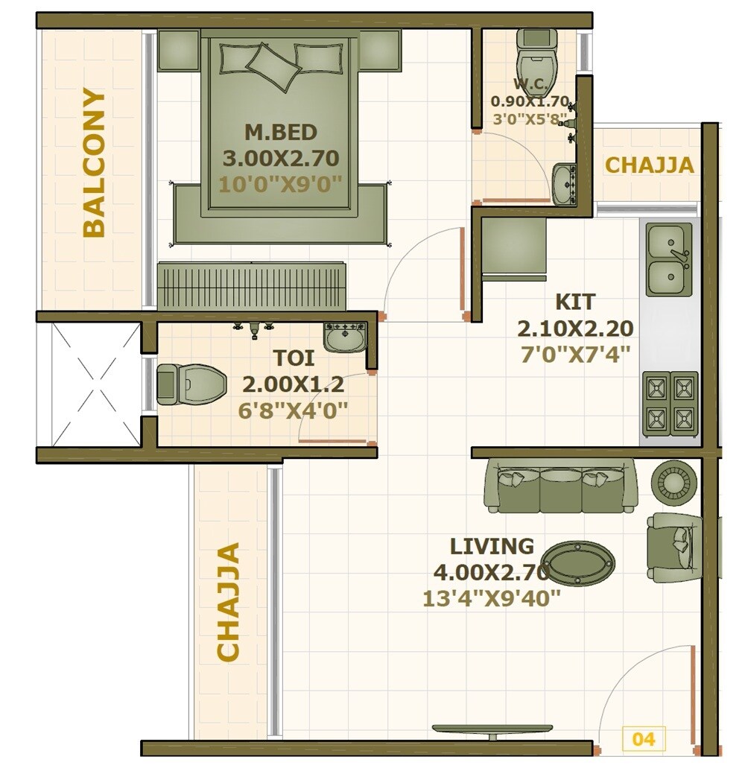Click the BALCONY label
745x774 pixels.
pyautogui.click(x=95, y=162)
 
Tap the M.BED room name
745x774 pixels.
pyautogui.click(x=281, y=133)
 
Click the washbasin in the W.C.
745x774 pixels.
pyautogui.click(x=565, y=183)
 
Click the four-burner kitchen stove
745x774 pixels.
pyautogui.click(x=670, y=403)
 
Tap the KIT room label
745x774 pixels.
pyautogui.click(x=575, y=302)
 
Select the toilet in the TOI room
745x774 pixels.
pyautogui.click(x=191, y=384)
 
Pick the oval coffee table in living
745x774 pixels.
pyautogui.click(x=578, y=562)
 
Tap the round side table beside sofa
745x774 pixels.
pyautogui.click(x=675, y=480)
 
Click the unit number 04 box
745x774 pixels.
pyautogui.click(x=643, y=739)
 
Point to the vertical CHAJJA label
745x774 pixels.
pyautogui.click(x=229, y=601)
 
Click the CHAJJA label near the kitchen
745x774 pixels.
pyautogui.click(x=649, y=165)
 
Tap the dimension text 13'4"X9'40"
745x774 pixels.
pyautogui.click(x=491, y=598)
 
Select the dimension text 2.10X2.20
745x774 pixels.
pyautogui.click(x=575, y=329)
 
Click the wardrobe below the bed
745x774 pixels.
pyautogui.click(x=253, y=286)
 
